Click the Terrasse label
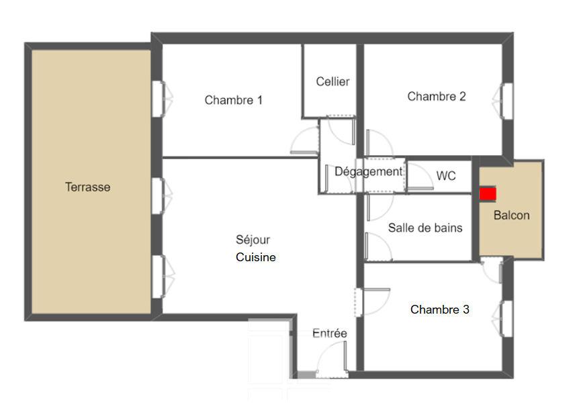pos(87,187)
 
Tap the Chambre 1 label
pos(233,100)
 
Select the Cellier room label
pos(332,81)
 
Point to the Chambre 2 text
pos(437,97)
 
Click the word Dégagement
pos(368,171)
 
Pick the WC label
pos(446,176)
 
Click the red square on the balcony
pos(488,194)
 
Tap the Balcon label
pos(511,216)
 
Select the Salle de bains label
pos(425,228)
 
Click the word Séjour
pos(253,240)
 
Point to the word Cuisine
pos(256,257)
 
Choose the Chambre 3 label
pos(440,310)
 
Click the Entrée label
pos(330,333)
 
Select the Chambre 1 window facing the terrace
pos(163,99)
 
